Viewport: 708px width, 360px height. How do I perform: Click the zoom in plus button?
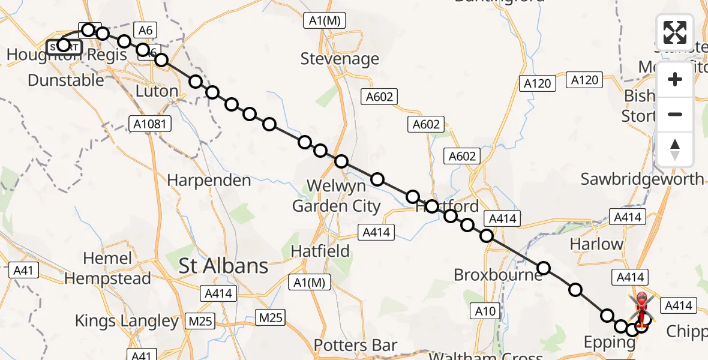click(x=675, y=79)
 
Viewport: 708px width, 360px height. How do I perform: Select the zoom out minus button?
click(x=675, y=114)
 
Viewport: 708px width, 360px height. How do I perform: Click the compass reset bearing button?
click(x=675, y=149)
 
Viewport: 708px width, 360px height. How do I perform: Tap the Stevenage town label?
click(x=340, y=59)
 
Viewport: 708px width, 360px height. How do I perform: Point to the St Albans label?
click(x=224, y=266)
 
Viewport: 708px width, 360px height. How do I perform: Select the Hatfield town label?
click(x=320, y=251)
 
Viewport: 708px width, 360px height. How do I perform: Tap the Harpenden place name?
click(x=209, y=180)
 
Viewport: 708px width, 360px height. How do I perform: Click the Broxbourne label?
click(x=498, y=275)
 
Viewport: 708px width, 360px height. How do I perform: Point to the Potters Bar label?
click(x=356, y=346)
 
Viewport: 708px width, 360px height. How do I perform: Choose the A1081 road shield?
click(x=150, y=124)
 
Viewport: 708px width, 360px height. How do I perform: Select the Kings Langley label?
click(x=127, y=321)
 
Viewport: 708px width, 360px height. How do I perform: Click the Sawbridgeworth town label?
click(x=642, y=179)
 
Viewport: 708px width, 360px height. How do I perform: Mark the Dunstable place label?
click(x=65, y=79)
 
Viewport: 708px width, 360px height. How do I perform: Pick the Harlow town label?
click(x=596, y=244)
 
